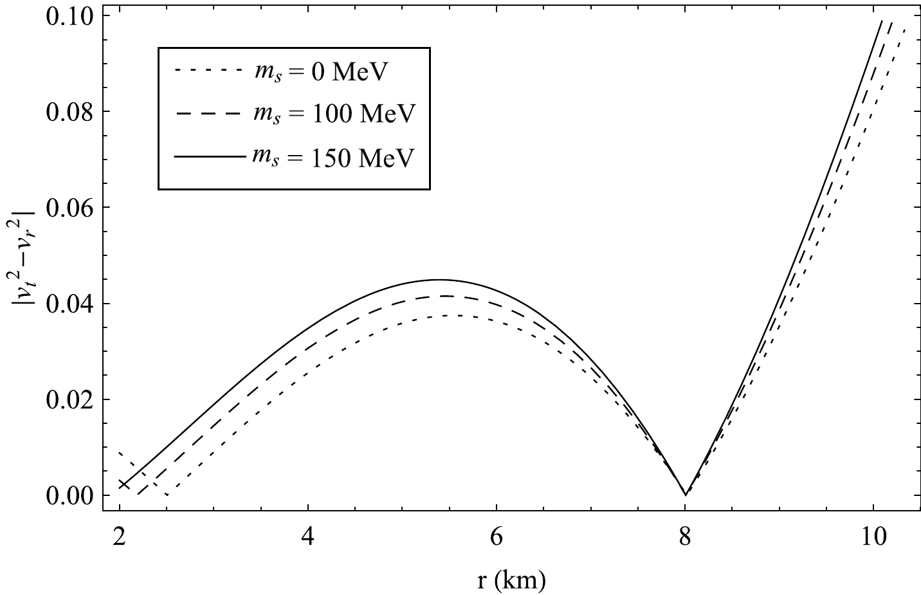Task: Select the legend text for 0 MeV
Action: [318, 73]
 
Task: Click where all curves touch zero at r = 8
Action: [686, 495]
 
